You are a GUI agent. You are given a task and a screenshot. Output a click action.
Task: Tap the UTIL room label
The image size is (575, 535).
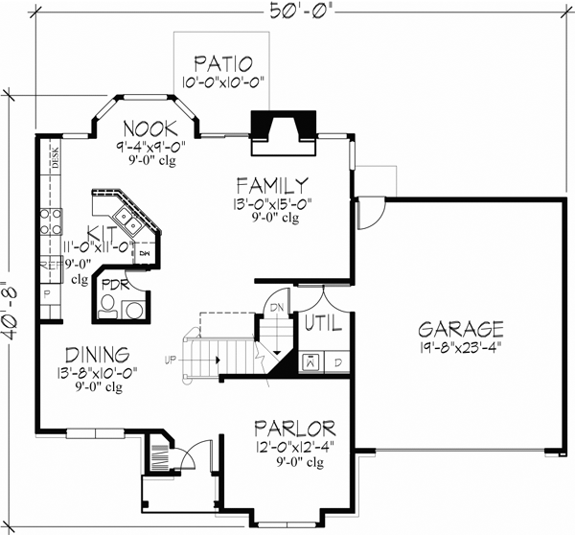click(323, 325)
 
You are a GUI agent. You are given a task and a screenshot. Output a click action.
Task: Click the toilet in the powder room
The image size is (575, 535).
click(110, 308)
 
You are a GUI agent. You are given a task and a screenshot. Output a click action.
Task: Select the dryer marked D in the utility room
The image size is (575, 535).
click(337, 362)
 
